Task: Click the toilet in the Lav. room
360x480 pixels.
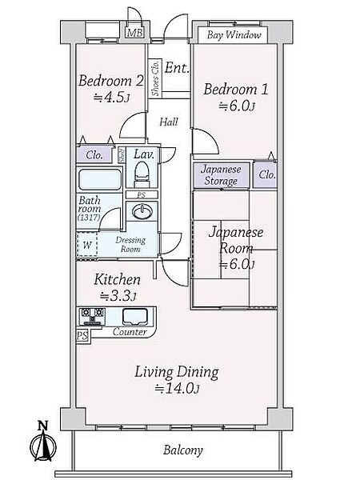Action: coord(142,174)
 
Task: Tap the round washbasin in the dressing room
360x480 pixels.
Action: coord(142,211)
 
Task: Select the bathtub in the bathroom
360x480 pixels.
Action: coord(100,179)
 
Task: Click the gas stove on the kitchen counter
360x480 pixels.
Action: coord(93,317)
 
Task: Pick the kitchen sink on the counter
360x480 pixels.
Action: coord(135,317)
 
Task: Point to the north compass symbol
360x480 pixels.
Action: coord(43,442)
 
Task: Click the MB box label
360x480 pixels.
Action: coord(134,33)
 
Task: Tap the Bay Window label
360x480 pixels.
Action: coord(234,35)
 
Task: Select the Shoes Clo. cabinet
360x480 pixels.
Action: coord(155,78)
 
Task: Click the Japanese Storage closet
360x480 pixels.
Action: coord(221,175)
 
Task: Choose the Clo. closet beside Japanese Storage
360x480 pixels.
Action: coord(266,174)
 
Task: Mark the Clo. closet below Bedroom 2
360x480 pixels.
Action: coord(94,154)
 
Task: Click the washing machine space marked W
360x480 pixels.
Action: coord(87,245)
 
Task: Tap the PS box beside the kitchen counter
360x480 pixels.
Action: coord(82,336)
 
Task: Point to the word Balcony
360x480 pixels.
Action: coord(182,450)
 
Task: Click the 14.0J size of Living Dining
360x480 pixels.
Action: coord(177,389)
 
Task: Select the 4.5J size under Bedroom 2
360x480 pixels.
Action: coord(111,98)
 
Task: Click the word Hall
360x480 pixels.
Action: coord(169,122)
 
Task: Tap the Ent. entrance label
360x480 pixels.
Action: coord(177,68)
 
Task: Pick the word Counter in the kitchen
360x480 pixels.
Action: coord(130,332)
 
